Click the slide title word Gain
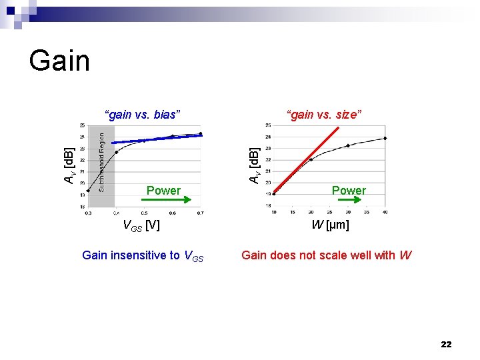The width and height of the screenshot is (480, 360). click(59, 61)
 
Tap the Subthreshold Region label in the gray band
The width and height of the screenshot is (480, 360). click(101, 161)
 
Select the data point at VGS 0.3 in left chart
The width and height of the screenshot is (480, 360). click(87, 191)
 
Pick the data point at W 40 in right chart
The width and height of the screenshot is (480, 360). click(385, 138)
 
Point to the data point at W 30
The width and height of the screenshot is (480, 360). click(348, 145)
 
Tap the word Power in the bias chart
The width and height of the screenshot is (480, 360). click(163, 191)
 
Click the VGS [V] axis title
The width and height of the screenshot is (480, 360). click(141, 225)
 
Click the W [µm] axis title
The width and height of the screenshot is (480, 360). click(330, 225)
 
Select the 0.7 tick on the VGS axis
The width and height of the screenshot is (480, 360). click(201, 213)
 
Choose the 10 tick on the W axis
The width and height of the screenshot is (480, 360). click(273, 213)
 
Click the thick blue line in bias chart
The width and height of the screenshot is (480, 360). click(157, 139)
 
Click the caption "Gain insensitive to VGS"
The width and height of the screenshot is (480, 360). click(142, 255)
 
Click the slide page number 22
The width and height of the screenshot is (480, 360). click(446, 344)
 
